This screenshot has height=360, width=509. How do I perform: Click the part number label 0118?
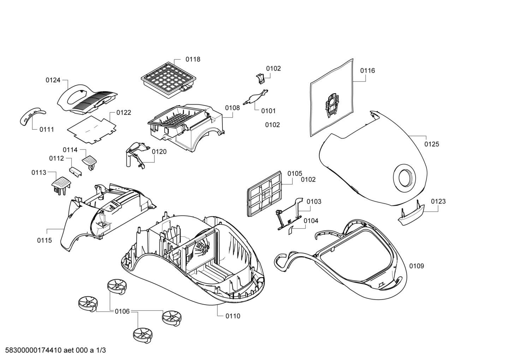coord(193,59)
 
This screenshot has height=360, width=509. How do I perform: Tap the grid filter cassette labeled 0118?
coord(168,80)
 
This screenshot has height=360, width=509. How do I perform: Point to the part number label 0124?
coord(53,80)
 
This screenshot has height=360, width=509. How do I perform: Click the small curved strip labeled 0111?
coord(32,116)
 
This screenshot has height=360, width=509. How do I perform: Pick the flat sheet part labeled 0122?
coord(92,130)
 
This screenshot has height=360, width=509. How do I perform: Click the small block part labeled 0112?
coord(75,172)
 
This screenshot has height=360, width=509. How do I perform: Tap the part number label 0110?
coord(233,316)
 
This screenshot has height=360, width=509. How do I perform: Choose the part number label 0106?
coord(122,311)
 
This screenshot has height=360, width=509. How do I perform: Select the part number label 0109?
coord(417,266)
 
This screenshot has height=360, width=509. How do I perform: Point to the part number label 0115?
coord(44,240)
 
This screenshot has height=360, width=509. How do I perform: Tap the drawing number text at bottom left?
coord(55,350)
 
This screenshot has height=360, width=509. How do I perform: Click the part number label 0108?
coord(233,108)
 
